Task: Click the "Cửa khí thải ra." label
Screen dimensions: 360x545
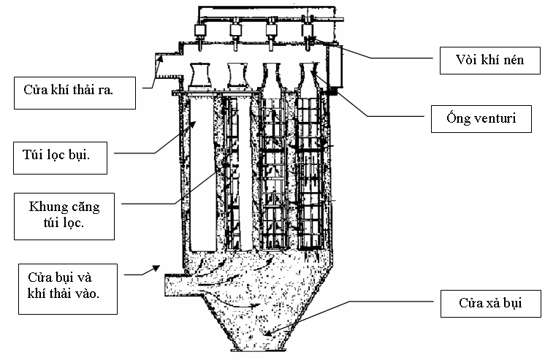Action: (x=77, y=91)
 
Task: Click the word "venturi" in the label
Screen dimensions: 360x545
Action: (x=505, y=118)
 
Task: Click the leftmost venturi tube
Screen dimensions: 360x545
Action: (x=201, y=75)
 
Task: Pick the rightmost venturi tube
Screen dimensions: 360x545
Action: (x=309, y=75)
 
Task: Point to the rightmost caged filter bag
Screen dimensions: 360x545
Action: (x=310, y=175)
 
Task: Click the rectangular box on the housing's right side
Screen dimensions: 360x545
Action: (x=337, y=66)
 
